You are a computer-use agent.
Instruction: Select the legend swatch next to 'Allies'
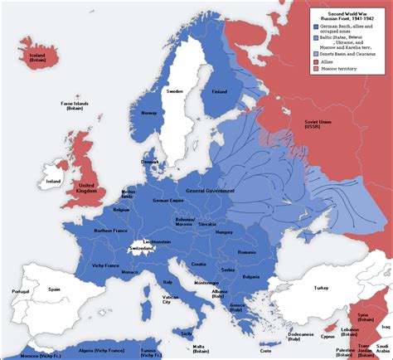coord(315,61)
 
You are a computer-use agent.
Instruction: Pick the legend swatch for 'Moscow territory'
coord(315,68)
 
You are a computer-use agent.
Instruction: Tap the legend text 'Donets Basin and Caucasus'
coord(347,53)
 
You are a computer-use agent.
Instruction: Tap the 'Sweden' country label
coord(175,91)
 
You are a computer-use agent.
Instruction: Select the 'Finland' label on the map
coord(220,92)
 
